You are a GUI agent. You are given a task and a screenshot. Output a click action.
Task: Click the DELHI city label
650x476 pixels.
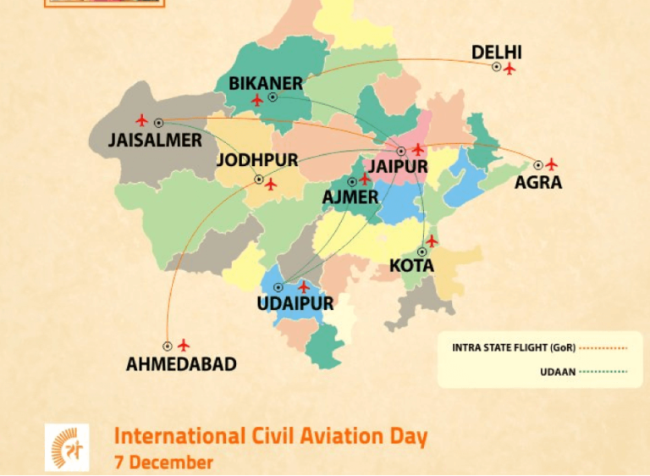[497, 53]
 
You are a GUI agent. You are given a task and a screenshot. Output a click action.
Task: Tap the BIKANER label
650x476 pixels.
[266, 83]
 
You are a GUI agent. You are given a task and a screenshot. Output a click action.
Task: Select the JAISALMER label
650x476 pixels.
[155, 140]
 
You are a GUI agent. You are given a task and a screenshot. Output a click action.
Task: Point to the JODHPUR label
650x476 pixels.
[257, 160]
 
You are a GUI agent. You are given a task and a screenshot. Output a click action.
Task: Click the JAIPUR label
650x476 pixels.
[398, 167]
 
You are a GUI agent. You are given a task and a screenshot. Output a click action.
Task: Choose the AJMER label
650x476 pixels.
[350, 197]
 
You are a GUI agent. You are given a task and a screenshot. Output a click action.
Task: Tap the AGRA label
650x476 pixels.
[538, 182]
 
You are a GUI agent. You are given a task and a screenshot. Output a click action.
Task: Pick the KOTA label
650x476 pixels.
[412, 266]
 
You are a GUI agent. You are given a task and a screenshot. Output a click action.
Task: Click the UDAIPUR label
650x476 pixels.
[295, 303]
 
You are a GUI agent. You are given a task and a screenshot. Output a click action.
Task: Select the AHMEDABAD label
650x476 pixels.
[181, 365]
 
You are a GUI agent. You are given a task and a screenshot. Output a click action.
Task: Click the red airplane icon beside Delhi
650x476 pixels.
[510, 69]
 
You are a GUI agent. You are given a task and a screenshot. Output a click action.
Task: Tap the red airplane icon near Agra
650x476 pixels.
[552, 163]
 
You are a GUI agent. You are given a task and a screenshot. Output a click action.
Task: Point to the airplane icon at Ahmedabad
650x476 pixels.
[184, 345]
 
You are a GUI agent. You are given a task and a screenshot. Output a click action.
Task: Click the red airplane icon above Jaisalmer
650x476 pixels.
[141, 120]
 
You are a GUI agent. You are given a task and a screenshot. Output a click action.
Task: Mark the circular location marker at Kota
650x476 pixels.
[421, 252]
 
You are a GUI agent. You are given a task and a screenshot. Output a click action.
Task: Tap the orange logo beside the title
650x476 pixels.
[67, 446]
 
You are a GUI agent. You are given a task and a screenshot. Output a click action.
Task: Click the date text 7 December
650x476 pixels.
[163, 463]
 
